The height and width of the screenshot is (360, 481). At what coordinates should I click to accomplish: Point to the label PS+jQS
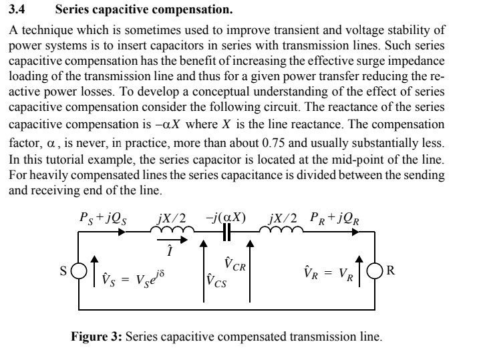(104, 217)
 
